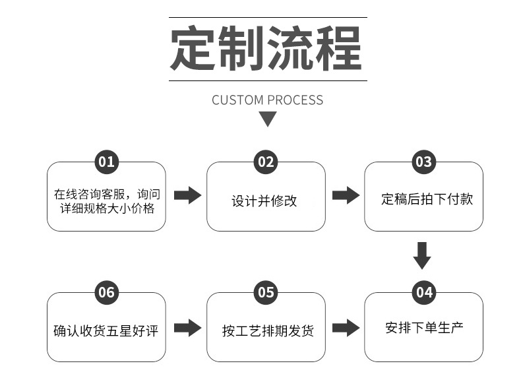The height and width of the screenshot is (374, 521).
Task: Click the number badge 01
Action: (106, 162)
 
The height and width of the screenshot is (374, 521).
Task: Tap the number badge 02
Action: (266, 162)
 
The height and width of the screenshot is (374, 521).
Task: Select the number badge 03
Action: (423, 162)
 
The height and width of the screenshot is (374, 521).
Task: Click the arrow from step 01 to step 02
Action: (187, 195)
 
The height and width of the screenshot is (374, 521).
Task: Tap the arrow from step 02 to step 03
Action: (345, 195)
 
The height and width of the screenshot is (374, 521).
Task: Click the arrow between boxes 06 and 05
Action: (187, 327)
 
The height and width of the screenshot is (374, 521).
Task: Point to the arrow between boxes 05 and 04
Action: (345, 327)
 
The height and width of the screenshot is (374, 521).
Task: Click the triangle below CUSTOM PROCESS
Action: (267, 119)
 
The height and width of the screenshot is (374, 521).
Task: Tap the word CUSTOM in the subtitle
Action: (237, 100)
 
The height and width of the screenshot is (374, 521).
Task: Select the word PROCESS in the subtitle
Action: (295, 100)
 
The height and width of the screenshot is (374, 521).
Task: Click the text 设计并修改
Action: (264, 201)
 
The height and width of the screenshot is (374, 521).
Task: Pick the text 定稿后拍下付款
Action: (427, 199)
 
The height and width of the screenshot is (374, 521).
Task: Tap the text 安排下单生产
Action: (424, 327)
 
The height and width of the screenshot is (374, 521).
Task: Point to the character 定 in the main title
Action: (194, 49)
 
